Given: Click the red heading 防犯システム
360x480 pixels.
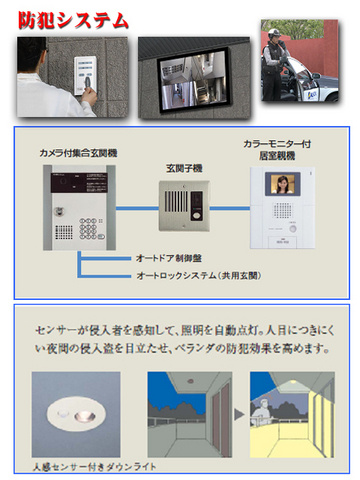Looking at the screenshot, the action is (x=73, y=19).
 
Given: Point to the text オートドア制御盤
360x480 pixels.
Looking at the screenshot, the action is (x=165, y=258).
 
